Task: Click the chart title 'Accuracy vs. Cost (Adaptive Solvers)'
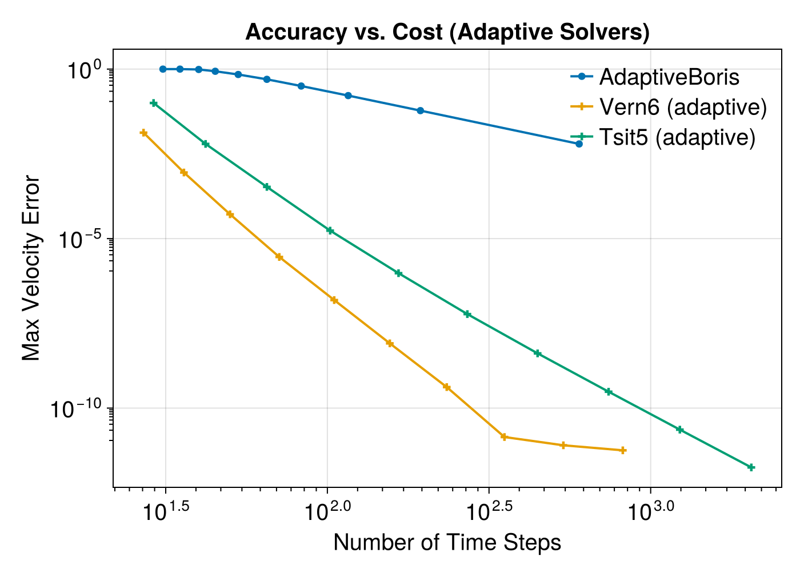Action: click(447, 32)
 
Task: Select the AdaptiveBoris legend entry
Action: click(655, 77)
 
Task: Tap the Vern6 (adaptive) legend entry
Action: click(669, 106)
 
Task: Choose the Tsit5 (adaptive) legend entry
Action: click(663, 137)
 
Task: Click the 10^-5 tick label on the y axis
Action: click(81, 239)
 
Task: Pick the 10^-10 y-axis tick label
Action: click(76, 408)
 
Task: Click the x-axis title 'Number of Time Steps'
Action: click(447, 542)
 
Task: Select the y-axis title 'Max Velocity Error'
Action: click(31, 268)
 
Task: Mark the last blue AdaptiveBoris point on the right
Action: click(579, 144)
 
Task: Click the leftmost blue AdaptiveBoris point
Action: click(163, 69)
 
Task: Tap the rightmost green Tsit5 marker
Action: click(751, 467)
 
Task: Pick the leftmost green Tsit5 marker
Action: click(154, 103)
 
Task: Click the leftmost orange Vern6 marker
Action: click(143, 133)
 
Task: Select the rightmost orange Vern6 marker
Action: click(623, 451)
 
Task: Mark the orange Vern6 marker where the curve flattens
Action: click(504, 436)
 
